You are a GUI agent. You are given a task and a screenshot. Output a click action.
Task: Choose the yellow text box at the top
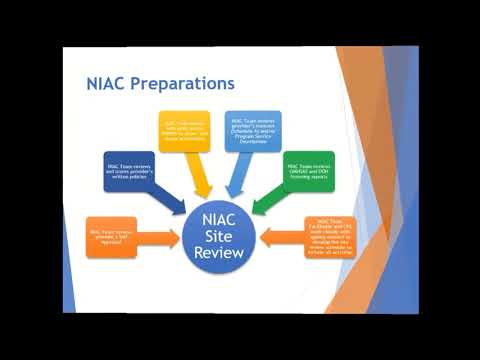(x=184, y=131)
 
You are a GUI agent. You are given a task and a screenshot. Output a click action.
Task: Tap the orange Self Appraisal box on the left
(x=111, y=237)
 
